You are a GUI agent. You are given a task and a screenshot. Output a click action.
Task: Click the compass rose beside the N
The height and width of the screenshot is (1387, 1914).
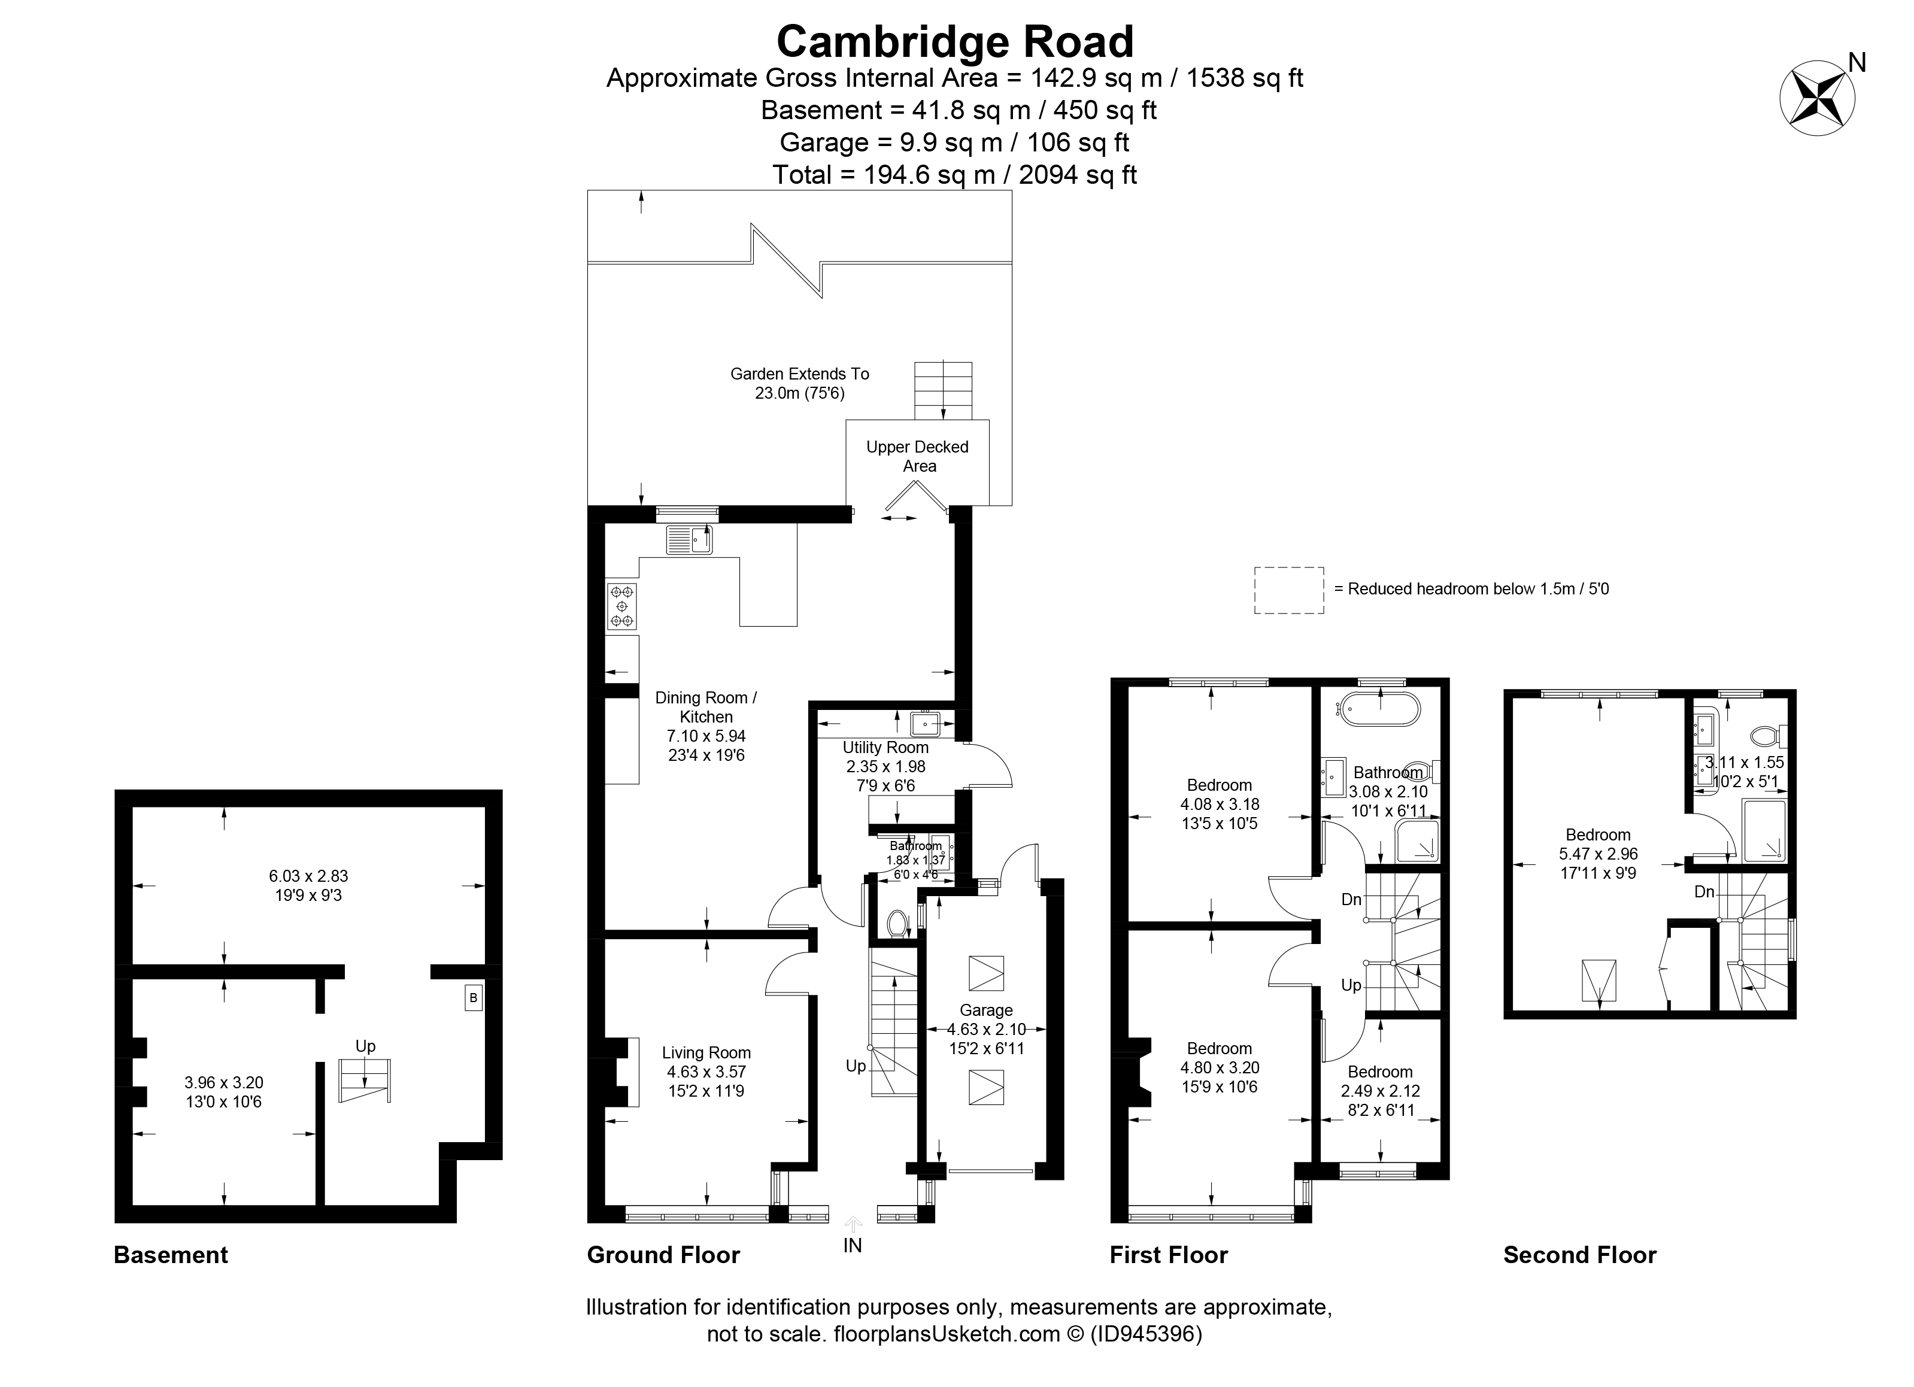[x=1817, y=98]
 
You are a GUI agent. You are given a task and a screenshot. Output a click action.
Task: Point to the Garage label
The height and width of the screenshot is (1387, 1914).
[x=985, y=1010]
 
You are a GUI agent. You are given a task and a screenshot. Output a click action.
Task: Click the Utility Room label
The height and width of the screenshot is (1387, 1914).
[x=885, y=748]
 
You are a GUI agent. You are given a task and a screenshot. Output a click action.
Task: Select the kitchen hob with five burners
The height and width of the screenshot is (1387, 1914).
[x=622, y=606]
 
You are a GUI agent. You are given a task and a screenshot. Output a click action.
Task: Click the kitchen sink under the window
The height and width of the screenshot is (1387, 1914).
[x=688, y=539]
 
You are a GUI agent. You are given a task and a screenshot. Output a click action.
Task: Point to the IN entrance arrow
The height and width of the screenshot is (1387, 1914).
[x=853, y=1224]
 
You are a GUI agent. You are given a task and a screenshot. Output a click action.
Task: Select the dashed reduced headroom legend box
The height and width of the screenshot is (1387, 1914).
[x=1288, y=590]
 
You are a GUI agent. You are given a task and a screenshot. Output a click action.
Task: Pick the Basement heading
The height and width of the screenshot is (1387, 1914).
[x=171, y=1255]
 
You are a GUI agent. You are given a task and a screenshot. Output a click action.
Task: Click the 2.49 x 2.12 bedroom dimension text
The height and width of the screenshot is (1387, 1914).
[x=1380, y=1091]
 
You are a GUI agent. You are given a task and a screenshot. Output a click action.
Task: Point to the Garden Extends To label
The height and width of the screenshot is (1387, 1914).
[x=799, y=374]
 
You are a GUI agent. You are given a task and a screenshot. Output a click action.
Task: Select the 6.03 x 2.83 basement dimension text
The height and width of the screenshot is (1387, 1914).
[x=308, y=876]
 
